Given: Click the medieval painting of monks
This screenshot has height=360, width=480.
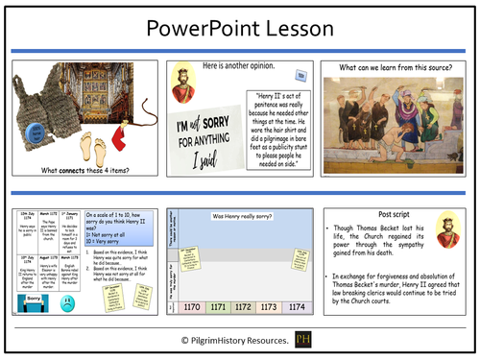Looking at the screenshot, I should click(x=396, y=124).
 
